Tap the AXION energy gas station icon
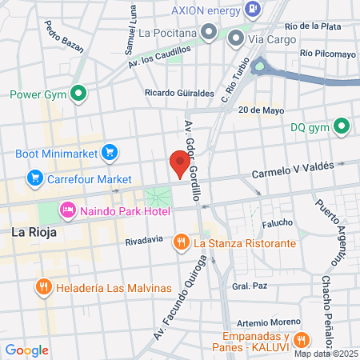[x=253, y=10]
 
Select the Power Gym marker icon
[x=78, y=94]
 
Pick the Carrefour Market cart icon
[x=34, y=178]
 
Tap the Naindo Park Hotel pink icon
[x=68, y=210]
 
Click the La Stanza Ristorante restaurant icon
[x=182, y=240]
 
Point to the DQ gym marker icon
[x=342, y=126]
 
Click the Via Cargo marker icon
[x=236, y=37]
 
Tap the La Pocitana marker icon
[x=210, y=33]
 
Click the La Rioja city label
[x=33, y=233]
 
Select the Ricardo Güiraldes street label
[x=179, y=93]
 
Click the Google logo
[x=26, y=350]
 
